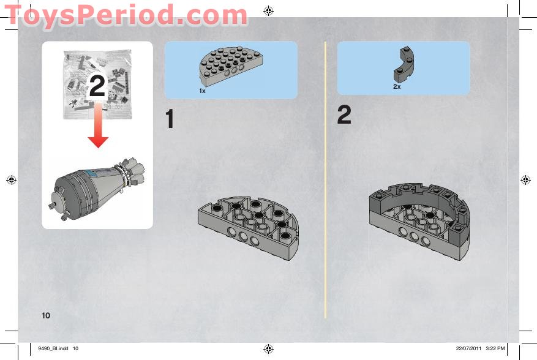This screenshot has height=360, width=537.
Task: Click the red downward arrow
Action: [x=97, y=129]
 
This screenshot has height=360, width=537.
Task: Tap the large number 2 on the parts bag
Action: [x=97, y=87]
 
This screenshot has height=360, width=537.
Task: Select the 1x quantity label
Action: [x=201, y=91]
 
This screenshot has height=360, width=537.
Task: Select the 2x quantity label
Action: [x=397, y=87]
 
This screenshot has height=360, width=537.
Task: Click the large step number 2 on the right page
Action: [x=344, y=116]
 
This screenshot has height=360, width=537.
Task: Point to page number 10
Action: [x=46, y=315]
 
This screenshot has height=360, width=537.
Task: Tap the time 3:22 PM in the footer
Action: [x=495, y=349]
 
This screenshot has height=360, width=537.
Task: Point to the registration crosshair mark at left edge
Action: [x=11, y=180]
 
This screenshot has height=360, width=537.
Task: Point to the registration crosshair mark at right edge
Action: [x=525, y=180]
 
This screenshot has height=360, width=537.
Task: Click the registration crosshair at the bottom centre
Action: [x=268, y=349]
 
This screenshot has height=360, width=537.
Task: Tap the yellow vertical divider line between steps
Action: [x=325, y=184]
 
